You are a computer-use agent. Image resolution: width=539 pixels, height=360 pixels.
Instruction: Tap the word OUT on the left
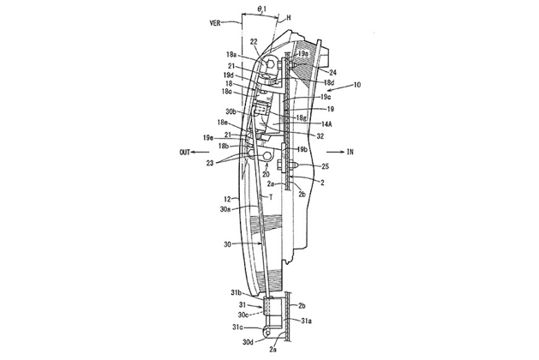184,153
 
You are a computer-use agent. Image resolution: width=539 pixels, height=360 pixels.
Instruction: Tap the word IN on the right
350,152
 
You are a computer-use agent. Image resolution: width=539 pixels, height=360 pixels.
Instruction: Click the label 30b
231,112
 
